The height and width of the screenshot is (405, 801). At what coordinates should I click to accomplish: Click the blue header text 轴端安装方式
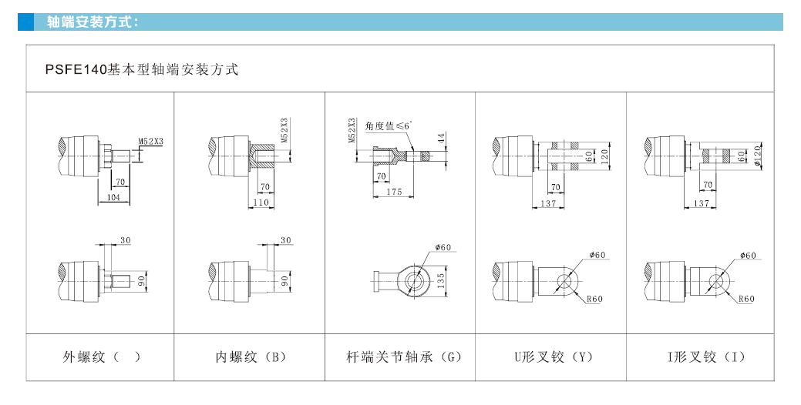click(x=92, y=22)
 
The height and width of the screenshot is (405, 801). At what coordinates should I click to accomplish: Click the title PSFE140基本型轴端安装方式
click(x=142, y=70)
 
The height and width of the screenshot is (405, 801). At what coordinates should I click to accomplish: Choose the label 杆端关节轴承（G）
click(x=402, y=356)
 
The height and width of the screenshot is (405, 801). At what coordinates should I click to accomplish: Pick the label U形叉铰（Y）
click(x=553, y=356)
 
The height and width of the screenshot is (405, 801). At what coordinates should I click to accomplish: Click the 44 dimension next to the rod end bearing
click(x=442, y=138)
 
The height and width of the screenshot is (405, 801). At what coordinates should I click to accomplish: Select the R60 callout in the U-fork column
click(x=594, y=299)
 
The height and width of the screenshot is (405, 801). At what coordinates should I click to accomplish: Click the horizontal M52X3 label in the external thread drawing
click(x=150, y=141)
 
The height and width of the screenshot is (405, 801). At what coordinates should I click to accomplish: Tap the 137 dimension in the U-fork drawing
click(x=548, y=203)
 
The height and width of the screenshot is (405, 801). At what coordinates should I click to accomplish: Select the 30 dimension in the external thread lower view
click(x=125, y=241)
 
